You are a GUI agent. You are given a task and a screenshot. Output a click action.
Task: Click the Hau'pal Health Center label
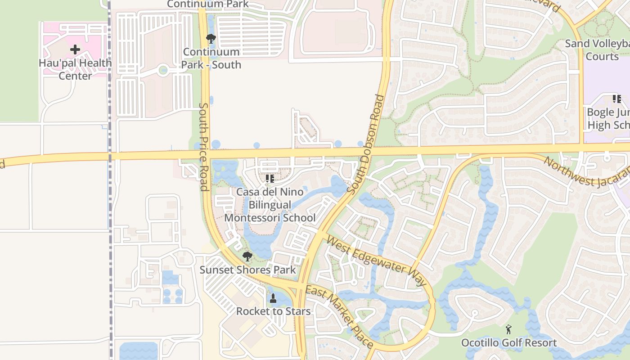(75, 69)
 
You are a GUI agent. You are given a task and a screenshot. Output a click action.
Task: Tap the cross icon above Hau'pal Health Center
(75, 49)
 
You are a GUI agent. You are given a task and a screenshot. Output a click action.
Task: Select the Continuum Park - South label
(211, 58)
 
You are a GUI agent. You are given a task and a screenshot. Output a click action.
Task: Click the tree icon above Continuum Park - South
(211, 39)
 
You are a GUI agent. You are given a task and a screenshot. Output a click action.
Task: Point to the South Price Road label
(204, 147)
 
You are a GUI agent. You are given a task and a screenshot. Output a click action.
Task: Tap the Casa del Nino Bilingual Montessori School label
(270, 205)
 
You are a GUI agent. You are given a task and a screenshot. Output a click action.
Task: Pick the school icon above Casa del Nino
(270, 179)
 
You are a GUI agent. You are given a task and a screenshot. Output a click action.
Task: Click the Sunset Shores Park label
(247, 270)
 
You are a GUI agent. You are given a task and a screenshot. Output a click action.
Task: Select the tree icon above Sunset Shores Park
(247, 256)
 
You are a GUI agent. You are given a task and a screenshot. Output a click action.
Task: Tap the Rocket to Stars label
(273, 311)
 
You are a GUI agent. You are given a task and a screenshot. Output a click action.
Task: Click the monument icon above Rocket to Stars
(273, 298)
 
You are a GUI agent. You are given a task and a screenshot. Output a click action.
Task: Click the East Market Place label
(339, 316)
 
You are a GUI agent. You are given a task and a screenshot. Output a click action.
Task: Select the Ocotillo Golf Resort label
(509, 343)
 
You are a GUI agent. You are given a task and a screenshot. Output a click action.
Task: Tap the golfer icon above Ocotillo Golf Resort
(508, 329)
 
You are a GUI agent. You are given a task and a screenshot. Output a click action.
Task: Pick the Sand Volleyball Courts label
(598, 50)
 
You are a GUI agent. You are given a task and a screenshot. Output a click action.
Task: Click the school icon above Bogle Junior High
(616, 99)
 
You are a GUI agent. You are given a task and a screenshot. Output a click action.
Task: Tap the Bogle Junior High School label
(608, 118)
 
